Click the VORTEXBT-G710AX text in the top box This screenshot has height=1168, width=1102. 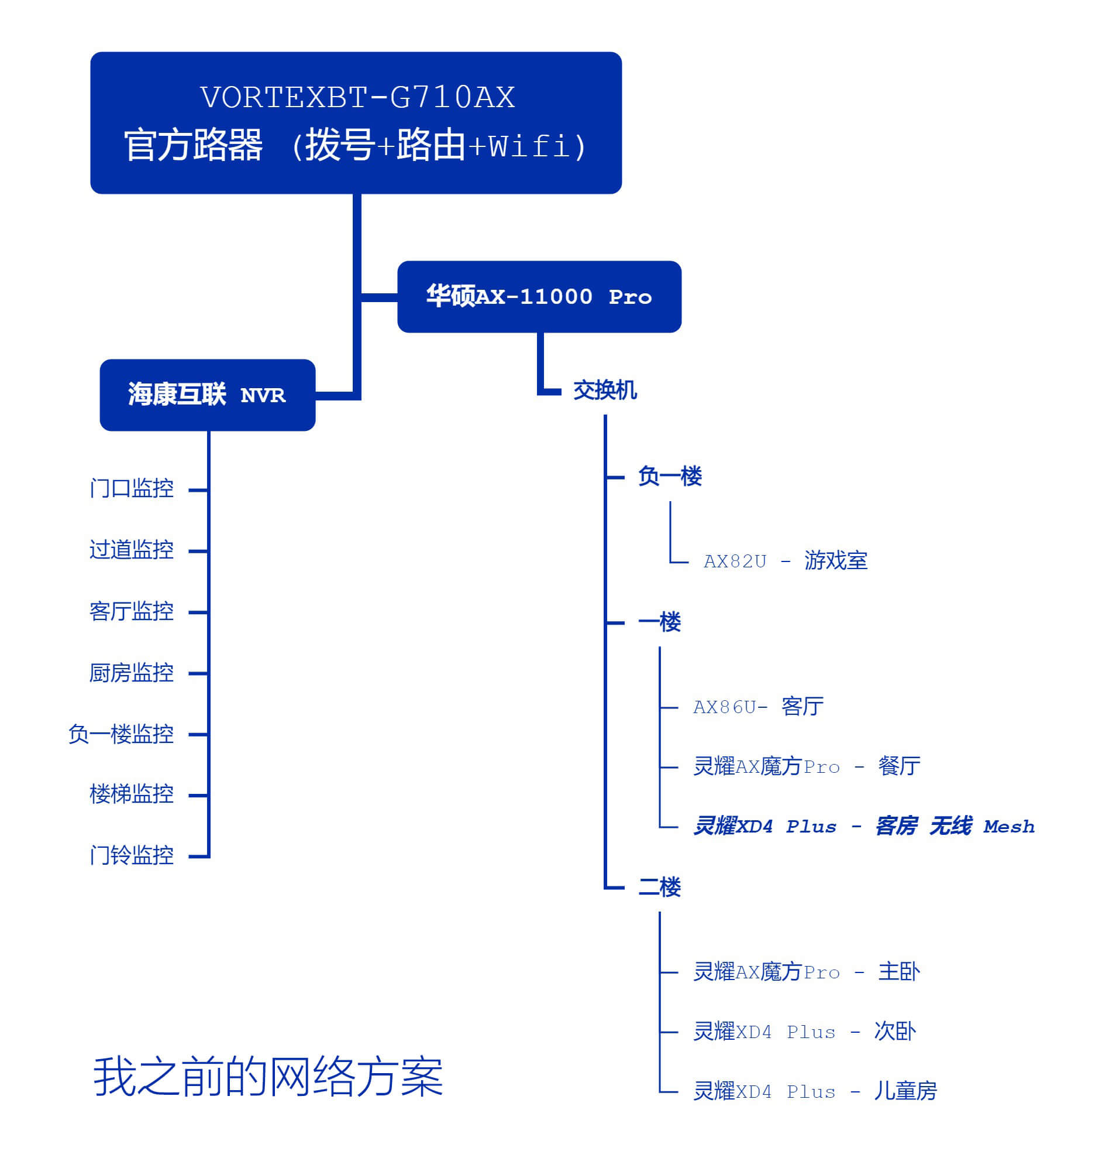tap(357, 98)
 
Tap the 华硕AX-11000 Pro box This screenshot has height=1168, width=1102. tap(539, 297)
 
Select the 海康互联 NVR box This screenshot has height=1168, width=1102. tap(208, 395)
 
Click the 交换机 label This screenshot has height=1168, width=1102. tap(604, 391)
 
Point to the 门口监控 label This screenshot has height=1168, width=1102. tap(132, 488)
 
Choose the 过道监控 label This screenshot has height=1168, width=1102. tap(132, 550)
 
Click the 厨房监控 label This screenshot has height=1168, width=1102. tap(132, 673)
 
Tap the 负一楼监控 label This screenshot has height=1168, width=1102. tap(121, 734)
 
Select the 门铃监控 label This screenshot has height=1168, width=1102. tap(132, 855)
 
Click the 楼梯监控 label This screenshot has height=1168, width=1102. tap(132, 794)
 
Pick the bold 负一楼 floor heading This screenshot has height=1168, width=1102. tap(670, 476)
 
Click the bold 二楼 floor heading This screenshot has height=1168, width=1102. tap(659, 887)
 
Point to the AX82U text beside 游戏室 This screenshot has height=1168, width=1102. tap(735, 561)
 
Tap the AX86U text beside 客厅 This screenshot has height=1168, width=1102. tap(725, 707)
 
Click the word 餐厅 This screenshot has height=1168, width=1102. tap(899, 766)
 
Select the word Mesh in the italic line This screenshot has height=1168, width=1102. tap(1008, 827)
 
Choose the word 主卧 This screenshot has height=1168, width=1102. tap(899, 972)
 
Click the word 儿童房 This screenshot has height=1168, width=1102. tap(905, 1091)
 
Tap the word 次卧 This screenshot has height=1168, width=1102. tap(894, 1032)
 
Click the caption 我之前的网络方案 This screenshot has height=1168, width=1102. tap(268, 1076)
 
